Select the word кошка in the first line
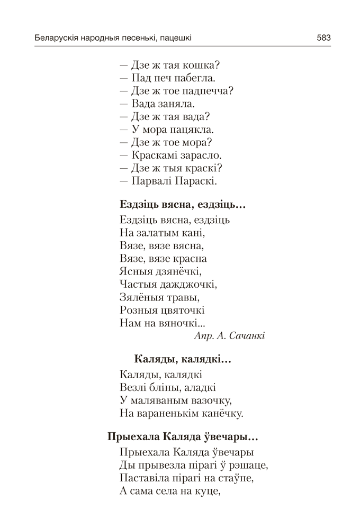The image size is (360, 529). pos(201,66)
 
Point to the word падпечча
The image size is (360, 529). pos(206,91)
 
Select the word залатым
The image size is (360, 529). pos(161,233)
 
